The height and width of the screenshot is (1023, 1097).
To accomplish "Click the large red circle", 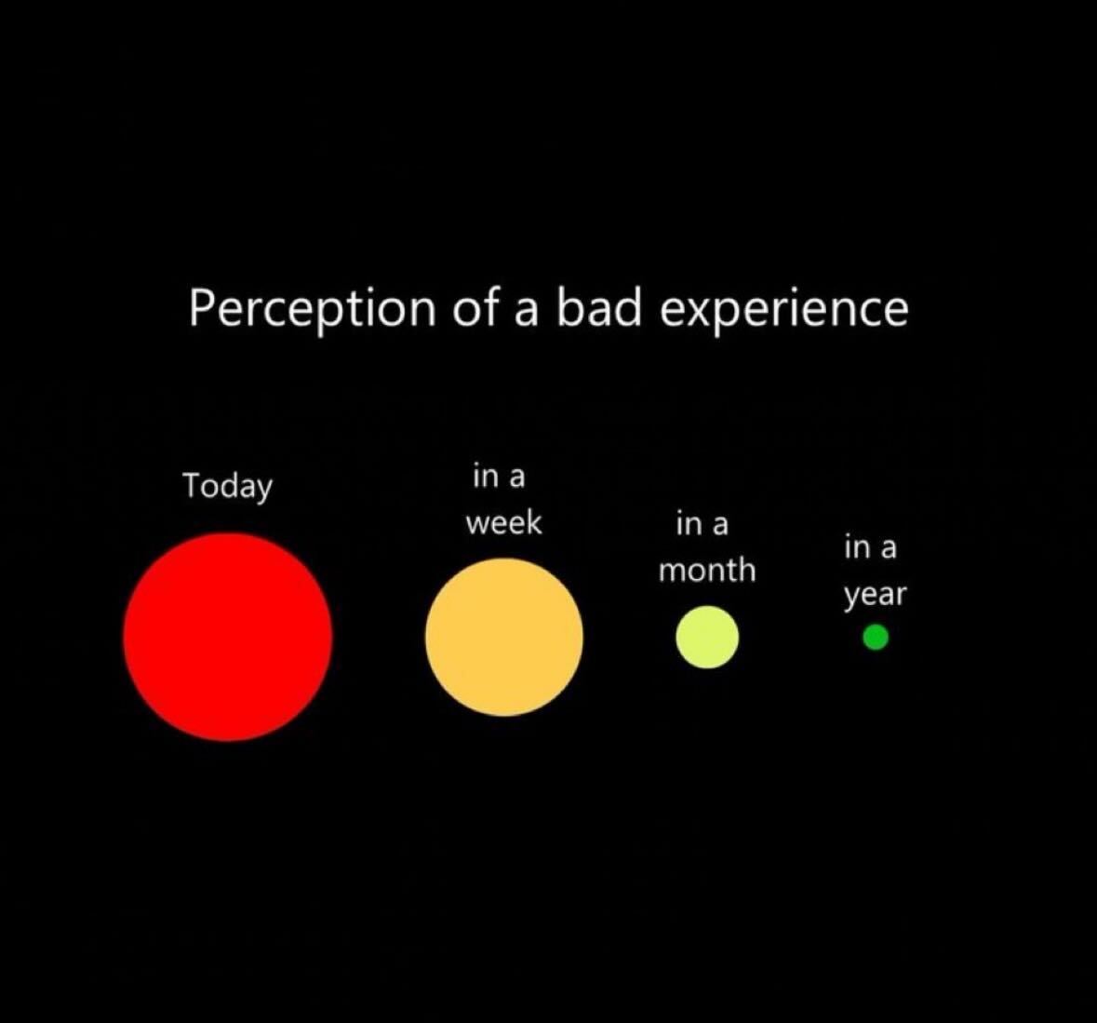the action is tap(228, 637).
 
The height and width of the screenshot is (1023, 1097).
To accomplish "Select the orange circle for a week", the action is tap(503, 637).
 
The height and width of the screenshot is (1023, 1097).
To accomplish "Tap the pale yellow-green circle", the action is tap(707, 637).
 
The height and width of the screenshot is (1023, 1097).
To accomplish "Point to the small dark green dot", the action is tap(876, 638).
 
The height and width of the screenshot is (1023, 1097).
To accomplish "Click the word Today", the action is tap(227, 486).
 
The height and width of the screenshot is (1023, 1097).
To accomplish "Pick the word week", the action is tap(503, 522).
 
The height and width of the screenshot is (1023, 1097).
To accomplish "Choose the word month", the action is tap(707, 570).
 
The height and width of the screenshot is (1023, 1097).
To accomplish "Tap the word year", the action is tap(875, 596).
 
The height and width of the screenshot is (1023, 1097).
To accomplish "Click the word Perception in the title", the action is tap(313, 309).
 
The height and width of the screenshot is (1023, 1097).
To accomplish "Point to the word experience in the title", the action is tap(784, 309).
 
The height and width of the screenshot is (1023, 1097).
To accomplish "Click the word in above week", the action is tap(484, 476).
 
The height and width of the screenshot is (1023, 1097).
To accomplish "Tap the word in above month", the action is tap(688, 523).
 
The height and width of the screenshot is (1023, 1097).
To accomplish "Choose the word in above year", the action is tap(856, 547).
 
